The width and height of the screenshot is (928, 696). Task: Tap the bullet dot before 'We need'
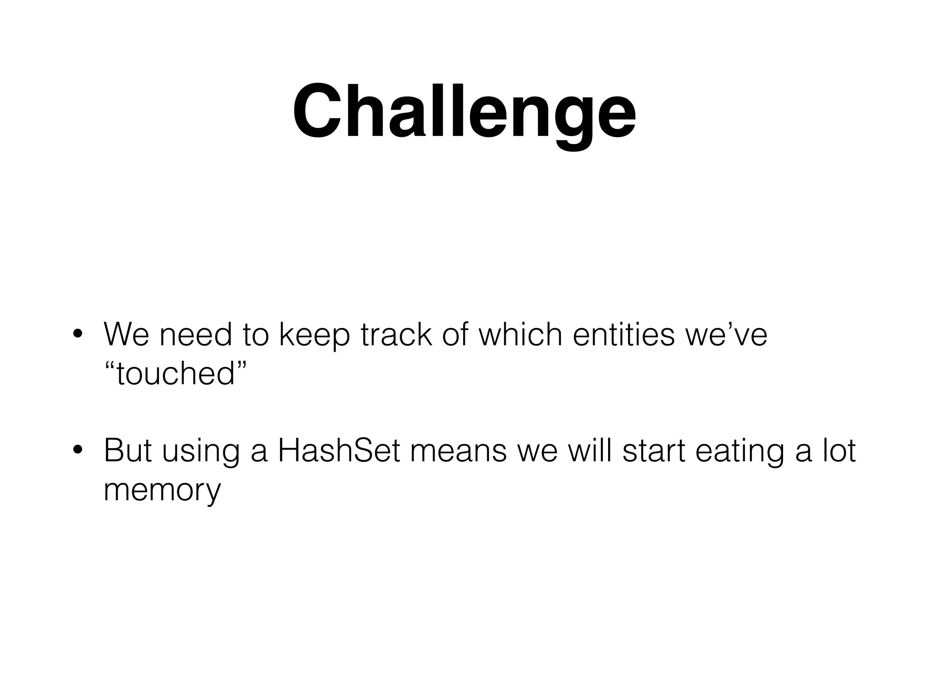coord(77,335)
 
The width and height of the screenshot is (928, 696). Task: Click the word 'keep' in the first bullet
coord(314,335)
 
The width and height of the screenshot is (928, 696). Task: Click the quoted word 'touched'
coord(175,374)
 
